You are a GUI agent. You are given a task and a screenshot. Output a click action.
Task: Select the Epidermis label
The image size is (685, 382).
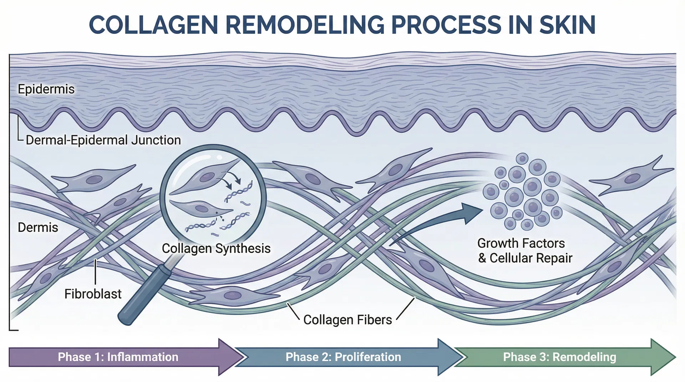(46, 89)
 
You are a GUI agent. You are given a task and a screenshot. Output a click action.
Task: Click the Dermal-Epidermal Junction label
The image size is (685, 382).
(103, 140)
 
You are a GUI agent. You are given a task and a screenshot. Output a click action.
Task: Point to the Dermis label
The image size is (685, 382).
(38, 227)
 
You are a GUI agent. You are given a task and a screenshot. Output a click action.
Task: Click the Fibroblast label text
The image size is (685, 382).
(93, 294)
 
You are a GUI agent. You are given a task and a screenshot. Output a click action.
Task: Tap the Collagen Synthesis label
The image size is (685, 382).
(216, 248)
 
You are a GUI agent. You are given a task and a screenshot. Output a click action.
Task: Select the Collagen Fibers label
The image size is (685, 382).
(347, 320)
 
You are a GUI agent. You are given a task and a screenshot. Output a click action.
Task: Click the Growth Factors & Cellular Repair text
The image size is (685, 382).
(524, 251)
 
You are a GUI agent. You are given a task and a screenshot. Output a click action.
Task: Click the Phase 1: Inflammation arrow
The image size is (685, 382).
(118, 357)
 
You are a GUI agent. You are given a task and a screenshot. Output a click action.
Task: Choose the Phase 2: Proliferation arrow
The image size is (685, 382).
(343, 357)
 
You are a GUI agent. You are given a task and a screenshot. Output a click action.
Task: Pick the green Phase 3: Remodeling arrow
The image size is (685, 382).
(559, 357)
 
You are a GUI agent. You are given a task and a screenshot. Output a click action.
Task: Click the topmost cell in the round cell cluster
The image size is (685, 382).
(522, 158)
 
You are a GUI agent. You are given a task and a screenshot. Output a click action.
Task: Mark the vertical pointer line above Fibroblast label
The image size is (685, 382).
(96, 272)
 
